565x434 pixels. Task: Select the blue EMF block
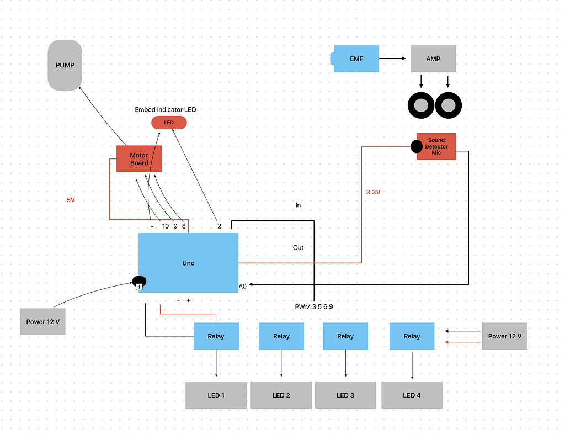356,59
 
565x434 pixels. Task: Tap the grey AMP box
433,59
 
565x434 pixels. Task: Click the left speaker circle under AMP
422,105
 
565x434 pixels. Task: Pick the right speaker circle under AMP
448,105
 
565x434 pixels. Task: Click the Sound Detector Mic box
436,146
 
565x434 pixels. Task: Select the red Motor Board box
138,158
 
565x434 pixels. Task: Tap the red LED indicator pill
169,122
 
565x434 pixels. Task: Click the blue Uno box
188,263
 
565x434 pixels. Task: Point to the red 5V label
71,200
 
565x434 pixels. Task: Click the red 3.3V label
374,192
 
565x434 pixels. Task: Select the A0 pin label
243,287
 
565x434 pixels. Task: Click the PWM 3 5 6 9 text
314,306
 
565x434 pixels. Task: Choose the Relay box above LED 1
216,336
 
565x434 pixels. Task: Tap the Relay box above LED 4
412,336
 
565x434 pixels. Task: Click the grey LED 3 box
345,395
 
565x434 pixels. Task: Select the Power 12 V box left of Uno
43,322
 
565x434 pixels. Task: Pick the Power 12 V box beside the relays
504,336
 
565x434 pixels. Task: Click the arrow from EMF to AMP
394,58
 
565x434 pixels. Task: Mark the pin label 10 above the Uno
166,226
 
